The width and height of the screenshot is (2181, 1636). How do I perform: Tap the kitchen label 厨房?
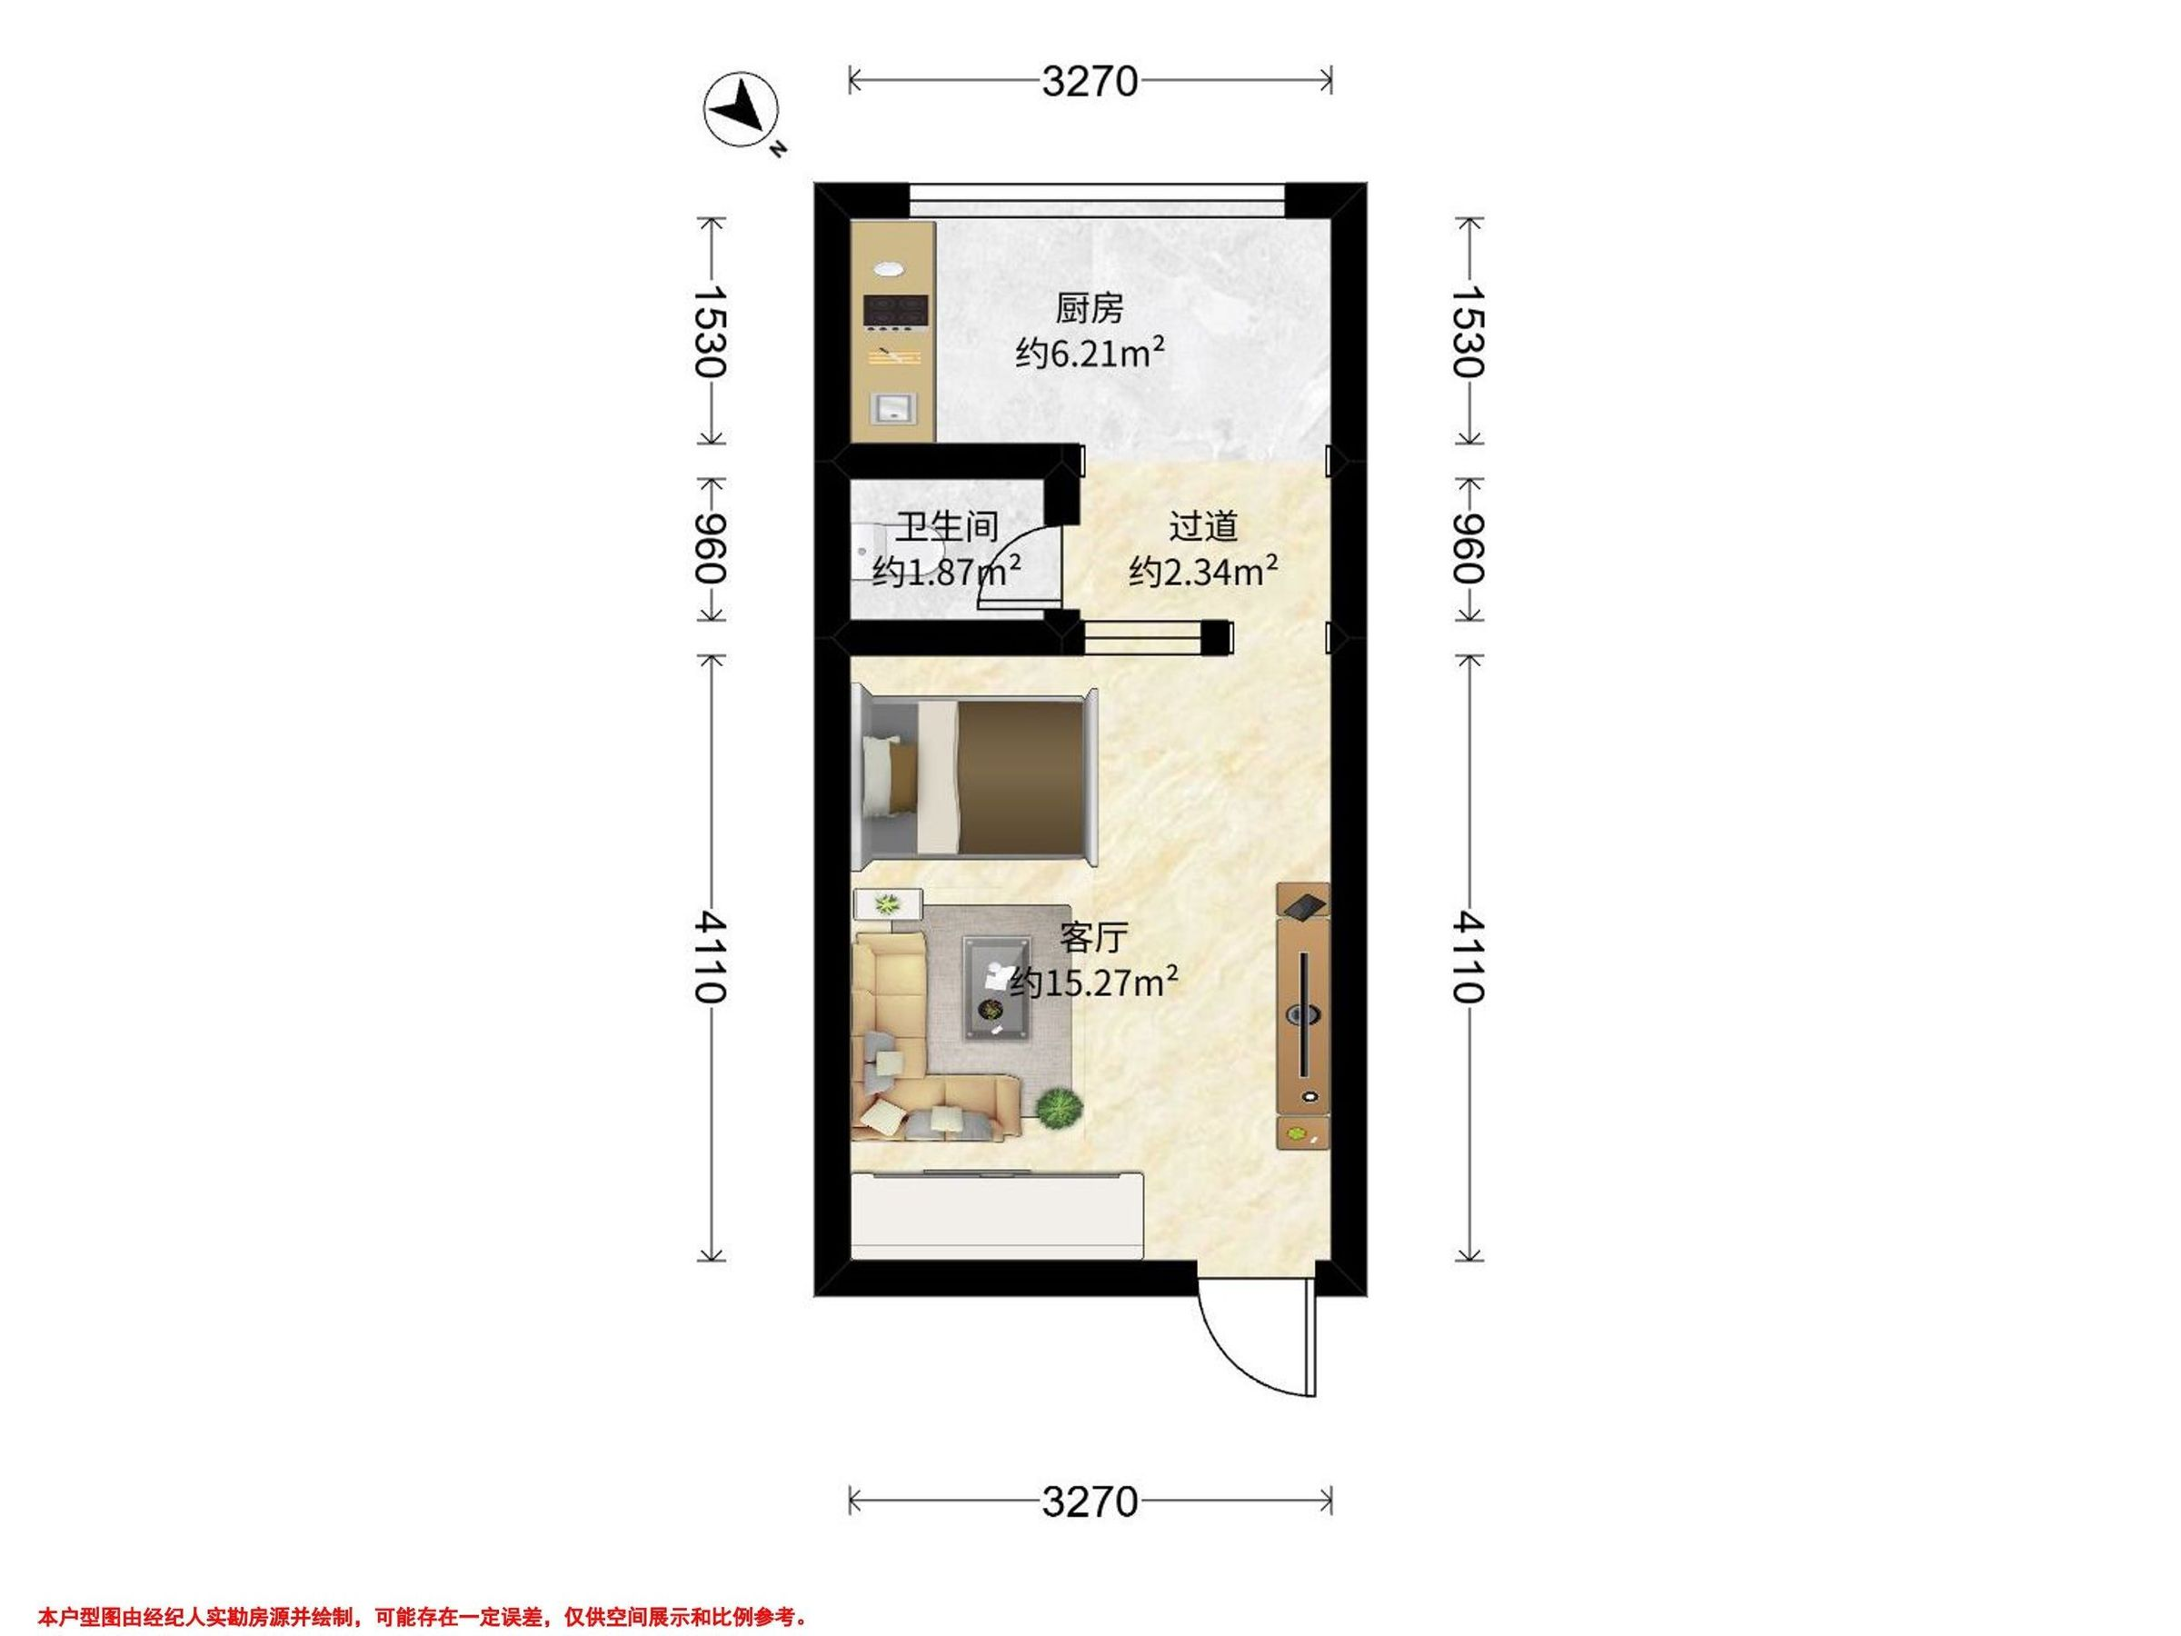[1090, 309]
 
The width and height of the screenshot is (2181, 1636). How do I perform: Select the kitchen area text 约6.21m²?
[1090, 353]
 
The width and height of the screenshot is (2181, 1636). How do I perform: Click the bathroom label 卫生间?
[947, 526]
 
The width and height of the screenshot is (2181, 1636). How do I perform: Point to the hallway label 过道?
[1203, 526]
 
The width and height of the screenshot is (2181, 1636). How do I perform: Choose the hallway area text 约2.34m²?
[1204, 571]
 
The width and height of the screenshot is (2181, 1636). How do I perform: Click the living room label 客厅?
[1093, 938]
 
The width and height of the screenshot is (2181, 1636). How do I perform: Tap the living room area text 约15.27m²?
[1094, 983]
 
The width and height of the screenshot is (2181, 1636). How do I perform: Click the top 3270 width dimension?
[1090, 82]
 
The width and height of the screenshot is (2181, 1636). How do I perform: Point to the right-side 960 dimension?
[1469, 549]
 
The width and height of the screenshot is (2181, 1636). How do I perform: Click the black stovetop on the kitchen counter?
[207, 311]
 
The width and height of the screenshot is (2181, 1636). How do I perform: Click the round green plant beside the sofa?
[1059, 1109]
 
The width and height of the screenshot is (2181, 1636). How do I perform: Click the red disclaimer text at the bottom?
[424, 1590]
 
